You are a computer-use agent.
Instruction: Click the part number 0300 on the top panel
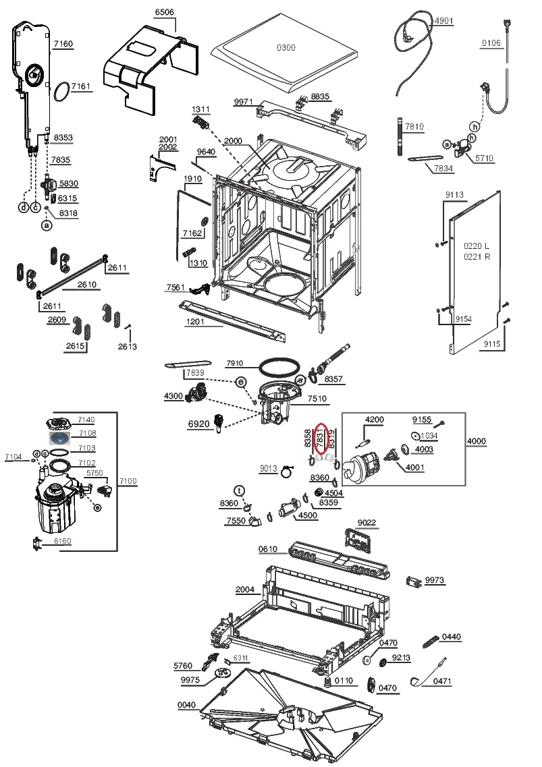286,48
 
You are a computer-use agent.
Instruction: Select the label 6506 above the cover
164,12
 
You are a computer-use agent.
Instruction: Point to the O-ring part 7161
61,90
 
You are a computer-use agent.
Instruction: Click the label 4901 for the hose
443,21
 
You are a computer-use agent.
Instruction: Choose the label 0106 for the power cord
491,44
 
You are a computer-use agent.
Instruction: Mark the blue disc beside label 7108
59,437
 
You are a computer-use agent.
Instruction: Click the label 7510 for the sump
317,399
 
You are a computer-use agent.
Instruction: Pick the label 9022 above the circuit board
367,522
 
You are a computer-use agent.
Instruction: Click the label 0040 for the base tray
186,705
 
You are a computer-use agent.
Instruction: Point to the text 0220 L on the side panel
476,246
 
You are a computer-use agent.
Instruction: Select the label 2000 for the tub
233,141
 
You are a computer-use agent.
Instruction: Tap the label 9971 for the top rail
243,102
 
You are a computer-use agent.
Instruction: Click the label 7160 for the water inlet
63,44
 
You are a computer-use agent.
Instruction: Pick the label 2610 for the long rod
87,284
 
